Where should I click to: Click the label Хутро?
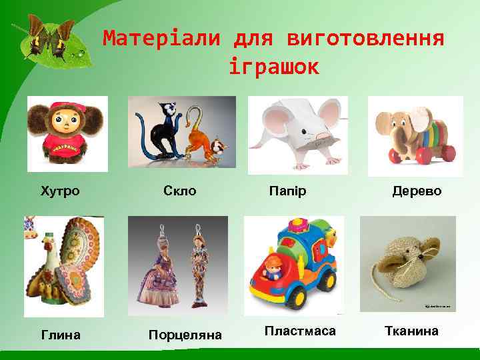[x=60, y=191]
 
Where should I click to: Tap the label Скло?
[x=180, y=191]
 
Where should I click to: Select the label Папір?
[x=287, y=191]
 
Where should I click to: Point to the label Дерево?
[x=417, y=191]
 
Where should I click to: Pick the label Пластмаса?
[x=300, y=331]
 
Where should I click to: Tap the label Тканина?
[x=411, y=331]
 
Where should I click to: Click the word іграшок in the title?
[x=273, y=67]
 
